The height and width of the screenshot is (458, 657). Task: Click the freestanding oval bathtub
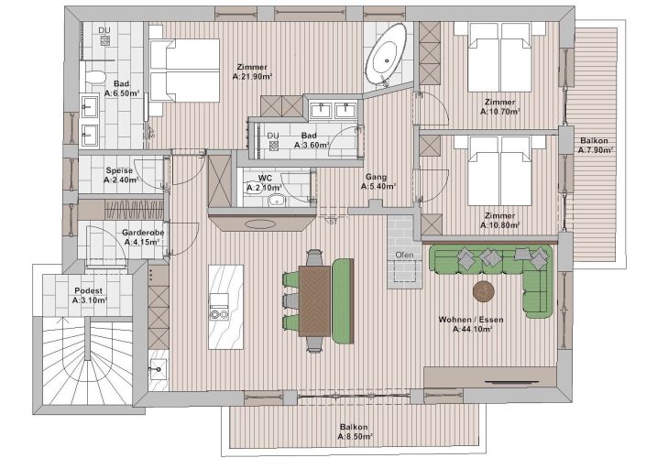(x=386, y=55)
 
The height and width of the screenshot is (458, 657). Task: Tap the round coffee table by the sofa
(x=484, y=290)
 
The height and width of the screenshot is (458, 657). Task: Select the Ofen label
(x=404, y=255)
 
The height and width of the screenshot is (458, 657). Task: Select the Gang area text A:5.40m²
(x=378, y=187)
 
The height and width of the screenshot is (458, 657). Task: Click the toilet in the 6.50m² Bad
(x=95, y=77)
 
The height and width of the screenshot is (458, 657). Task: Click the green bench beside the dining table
(x=344, y=300)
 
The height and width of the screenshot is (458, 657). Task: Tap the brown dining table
(x=314, y=301)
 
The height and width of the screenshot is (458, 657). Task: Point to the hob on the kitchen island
(x=219, y=314)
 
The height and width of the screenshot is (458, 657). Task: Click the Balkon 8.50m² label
(x=355, y=432)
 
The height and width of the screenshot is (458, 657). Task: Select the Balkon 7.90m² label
(x=595, y=146)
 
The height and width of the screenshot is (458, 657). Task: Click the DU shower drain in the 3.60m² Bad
(x=274, y=146)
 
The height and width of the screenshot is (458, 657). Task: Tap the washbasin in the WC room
(x=276, y=201)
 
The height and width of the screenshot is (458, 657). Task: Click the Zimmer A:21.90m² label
(x=252, y=71)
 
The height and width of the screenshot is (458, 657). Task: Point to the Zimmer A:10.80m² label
(x=500, y=221)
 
